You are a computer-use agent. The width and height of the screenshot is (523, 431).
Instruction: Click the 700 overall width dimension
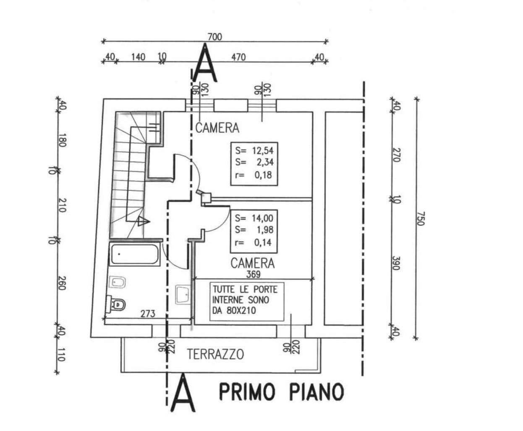(x=215, y=37)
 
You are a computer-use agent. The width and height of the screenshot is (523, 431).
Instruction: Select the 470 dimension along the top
(x=238, y=58)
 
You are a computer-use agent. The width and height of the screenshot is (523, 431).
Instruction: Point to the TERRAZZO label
(x=215, y=354)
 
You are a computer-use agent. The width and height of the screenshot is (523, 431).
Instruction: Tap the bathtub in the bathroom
(x=134, y=254)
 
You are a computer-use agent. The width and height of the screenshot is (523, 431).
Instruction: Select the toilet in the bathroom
(x=116, y=305)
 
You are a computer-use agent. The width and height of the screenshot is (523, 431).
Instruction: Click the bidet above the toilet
(x=118, y=282)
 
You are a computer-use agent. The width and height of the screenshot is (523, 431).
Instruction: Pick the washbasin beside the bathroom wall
(x=183, y=294)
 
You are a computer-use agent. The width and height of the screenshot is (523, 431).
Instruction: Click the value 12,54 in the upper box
(x=263, y=151)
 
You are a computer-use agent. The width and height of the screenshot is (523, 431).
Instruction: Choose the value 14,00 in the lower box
(x=263, y=218)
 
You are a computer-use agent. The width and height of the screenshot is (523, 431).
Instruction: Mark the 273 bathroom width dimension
(x=148, y=313)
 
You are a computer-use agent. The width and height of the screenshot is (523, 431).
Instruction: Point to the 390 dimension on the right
(x=395, y=263)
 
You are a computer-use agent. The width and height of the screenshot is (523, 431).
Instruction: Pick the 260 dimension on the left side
(x=62, y=283)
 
